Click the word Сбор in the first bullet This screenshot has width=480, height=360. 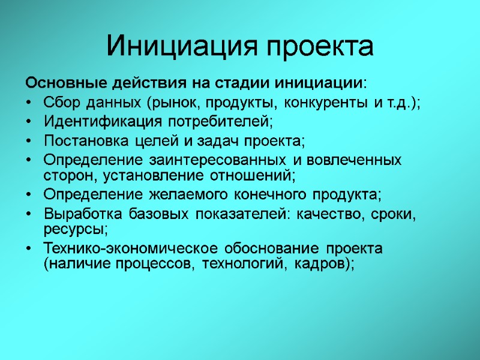(x=59, y=102)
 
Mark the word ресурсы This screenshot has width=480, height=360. (x=74, y=230)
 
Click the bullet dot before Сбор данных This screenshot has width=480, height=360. (x=29, y=103)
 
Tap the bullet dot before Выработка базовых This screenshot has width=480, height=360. (x=29, y=216)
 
